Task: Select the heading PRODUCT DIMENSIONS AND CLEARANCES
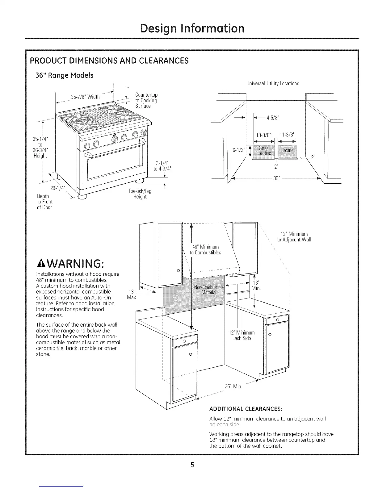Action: pos(109,60)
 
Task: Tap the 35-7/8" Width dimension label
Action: pos(85,97)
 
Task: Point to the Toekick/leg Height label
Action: pos(140,194)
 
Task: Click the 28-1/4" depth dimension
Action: pos(57,188)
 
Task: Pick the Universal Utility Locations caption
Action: pos(272,83)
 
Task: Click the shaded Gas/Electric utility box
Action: pos(263,151)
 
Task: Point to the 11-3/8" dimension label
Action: pos(287,134)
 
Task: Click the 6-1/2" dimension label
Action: pos(238,150)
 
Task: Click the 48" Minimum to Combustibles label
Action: pos(205,250)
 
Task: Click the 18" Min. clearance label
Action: pos(256,286)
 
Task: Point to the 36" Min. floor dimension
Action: pos(233,387)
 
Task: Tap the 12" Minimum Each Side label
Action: pos(242,335)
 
